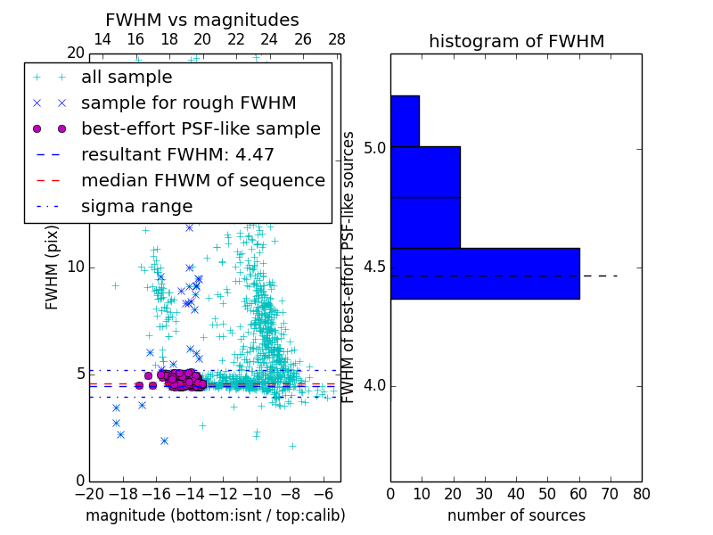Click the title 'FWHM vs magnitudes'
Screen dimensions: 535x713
click(202, 20)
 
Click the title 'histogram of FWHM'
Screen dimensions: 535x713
click(516, 41)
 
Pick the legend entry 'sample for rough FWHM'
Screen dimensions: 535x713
click(188, 103)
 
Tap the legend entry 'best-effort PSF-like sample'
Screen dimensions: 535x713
click(201, 128)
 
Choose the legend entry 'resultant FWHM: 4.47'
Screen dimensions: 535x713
click(177, 154)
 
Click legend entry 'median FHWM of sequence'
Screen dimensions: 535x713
click(202, 180)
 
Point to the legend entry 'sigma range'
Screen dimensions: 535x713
click(136, 206)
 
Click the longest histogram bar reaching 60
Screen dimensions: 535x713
click(485, 273)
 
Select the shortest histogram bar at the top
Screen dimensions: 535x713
click(405, 120)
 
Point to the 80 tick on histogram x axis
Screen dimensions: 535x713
click(641, 493)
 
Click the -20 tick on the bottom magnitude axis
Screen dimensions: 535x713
click(89, 493)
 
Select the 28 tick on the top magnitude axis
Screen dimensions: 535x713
click(337, 39)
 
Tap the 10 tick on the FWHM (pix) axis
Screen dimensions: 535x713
click(76, 267)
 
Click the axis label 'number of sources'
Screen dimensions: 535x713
click(516, 515)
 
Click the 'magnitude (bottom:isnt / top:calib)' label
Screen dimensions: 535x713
click(215, 515)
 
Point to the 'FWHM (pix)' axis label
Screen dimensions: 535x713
click(53, 267)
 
